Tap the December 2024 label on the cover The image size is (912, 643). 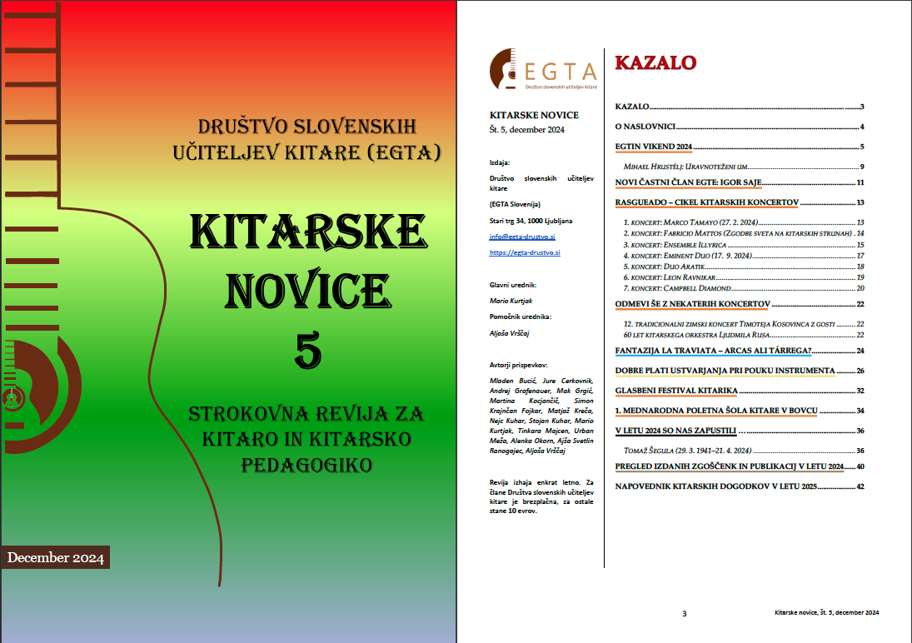tap(56, 557)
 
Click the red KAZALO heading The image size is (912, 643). tap(655, 62)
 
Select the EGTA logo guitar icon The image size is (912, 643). tap(505, 68)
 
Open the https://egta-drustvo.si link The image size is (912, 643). tap(525, 252)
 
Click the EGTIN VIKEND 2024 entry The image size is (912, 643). tap(654, 147)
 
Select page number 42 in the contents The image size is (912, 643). tap(860, 486)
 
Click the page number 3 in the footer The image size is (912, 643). tap(684, 614)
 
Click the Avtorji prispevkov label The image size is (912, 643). tap(518, 365)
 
